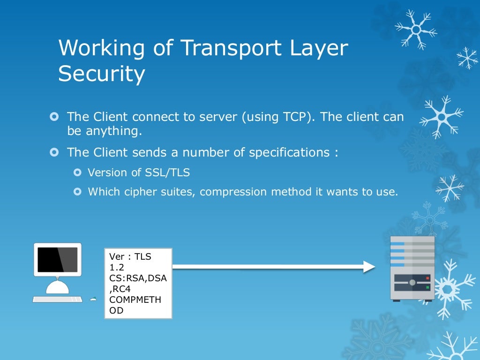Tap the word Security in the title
101,74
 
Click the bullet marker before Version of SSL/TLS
78,172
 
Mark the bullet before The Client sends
54,153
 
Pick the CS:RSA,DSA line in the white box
138,278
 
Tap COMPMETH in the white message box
135,300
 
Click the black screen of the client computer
57,259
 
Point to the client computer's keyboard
57,299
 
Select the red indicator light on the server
427,278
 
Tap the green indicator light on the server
427,287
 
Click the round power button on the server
412,283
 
